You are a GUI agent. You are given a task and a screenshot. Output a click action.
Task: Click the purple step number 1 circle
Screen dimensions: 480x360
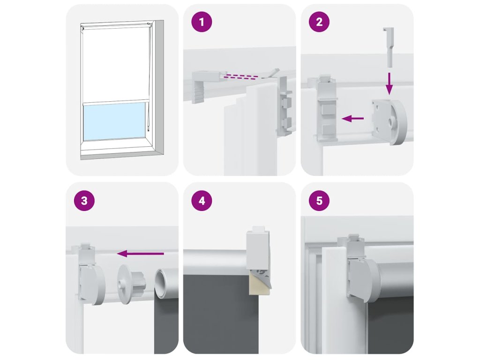click(x=202, y=22)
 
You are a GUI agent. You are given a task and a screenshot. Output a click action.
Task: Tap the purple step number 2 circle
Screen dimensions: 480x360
click(x=319, y=22)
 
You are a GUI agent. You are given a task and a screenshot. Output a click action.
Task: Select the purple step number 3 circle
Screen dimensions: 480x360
click(x=84, y=201)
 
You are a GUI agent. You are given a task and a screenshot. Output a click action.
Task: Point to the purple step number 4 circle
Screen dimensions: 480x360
click(x=202, y=201)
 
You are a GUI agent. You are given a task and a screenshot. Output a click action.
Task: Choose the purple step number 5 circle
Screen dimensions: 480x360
click(x=319, y=201)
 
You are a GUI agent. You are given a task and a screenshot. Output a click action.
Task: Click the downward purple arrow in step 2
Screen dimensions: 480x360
click(x=389, y=83)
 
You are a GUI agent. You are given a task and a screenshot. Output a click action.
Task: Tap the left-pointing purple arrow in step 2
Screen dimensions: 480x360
click(x=352, y=118)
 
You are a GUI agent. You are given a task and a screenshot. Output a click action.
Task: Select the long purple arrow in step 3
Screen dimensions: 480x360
click(x=141, y=253)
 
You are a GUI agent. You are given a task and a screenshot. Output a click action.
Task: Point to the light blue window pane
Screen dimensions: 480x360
click(x=114, y=121)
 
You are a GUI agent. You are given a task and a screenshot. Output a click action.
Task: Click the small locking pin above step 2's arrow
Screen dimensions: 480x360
click(x=388, y=47)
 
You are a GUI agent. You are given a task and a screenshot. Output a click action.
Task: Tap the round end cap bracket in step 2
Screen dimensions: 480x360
click(x=390, y=121)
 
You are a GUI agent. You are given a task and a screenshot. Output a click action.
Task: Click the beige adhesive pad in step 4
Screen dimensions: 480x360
click(x=259, y=285)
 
